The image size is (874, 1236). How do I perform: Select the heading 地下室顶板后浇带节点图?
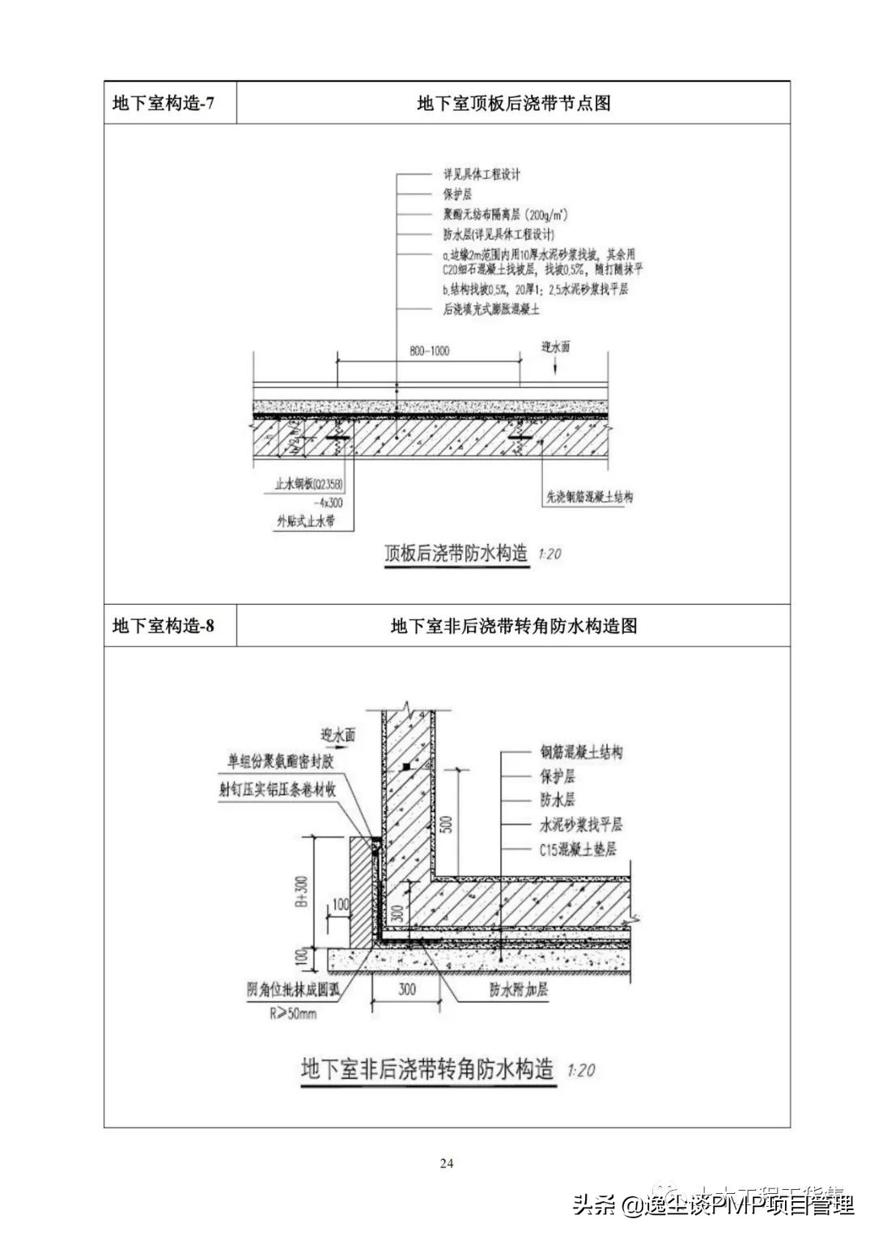pos(513,103)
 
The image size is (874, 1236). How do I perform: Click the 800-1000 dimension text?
pos(429,351)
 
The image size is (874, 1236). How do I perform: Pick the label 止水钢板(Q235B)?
pos(303,486)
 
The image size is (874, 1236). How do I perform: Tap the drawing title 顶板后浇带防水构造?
pos(456,554)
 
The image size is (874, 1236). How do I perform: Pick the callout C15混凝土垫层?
pos(578,850)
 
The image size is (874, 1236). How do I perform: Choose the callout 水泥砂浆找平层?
pos(581,825)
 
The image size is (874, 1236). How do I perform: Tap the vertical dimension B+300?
pos(303,891)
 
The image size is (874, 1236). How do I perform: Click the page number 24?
pos(447,1164)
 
